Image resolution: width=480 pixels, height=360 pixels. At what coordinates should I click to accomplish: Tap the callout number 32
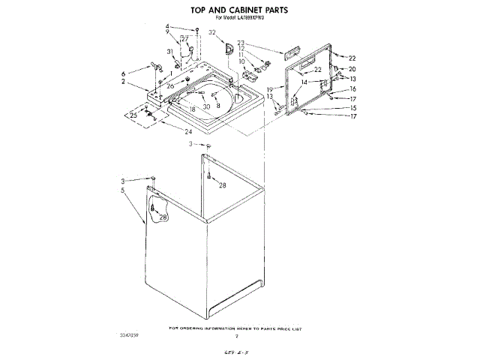coord(212,33)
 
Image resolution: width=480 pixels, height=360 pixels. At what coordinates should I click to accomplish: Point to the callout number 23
coord(241,43)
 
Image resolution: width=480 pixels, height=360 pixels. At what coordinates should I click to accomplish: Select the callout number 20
coord(352,69)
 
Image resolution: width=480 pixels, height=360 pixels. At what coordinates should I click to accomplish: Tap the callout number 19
coord(270,89)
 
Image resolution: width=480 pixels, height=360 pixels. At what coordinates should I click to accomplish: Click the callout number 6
coord(124,73)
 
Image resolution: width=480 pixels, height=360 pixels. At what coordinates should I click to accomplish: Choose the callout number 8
coord(218,106)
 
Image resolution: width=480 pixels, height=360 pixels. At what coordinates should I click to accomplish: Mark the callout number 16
coord(352,89)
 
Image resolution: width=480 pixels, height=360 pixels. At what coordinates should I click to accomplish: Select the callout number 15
coord(352,107)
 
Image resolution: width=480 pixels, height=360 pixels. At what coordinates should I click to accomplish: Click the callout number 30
coord(206,107)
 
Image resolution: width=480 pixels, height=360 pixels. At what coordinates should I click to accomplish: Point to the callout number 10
coord(241,61)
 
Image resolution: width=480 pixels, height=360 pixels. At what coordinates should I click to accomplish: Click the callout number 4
coord(168,28)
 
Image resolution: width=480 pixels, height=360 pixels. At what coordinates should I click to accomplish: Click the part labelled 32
coord(228,48)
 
